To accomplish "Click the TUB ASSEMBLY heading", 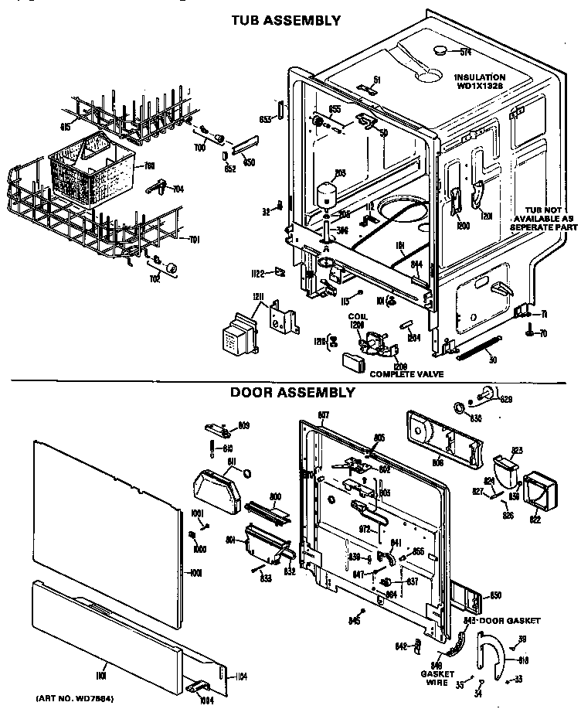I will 287,21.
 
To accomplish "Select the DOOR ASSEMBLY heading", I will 293,392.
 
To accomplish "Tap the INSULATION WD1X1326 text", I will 480,81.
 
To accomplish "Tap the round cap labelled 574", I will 441,50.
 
